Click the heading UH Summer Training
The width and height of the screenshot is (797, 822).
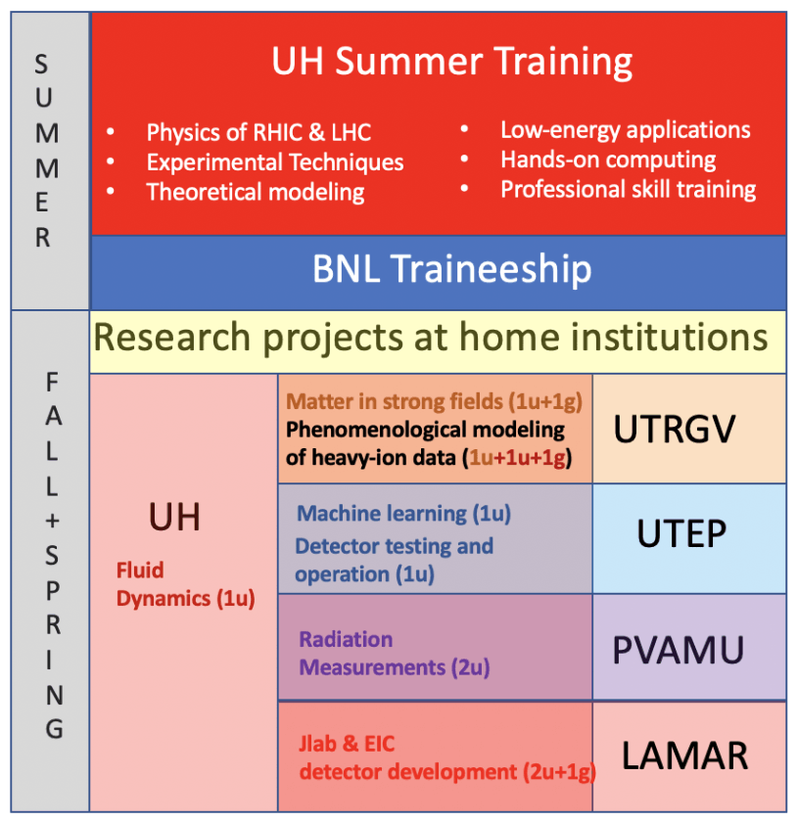point(451,62)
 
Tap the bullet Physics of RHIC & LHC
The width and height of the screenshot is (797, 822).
point(258,132)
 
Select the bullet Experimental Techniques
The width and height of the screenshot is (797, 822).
point(275,162)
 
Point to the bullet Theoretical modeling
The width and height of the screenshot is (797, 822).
point(256,192)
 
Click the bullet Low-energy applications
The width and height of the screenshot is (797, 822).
point(626,130)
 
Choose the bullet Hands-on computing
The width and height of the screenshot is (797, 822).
point(608,160)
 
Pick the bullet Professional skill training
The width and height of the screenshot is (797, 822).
point(628,190)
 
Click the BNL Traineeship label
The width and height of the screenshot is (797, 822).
point(451,269)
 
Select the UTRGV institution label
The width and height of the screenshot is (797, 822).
point(675,430)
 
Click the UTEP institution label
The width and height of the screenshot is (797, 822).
point(681,533)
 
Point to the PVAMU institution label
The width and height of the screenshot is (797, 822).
point(678,650)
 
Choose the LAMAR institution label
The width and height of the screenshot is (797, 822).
point(684,755)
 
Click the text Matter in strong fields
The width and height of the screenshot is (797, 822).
point(395,401)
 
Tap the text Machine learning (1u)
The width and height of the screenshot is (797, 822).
point(403,514)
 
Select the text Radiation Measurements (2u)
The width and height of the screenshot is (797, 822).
point(394,654)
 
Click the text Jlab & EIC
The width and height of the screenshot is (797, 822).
point(347,744)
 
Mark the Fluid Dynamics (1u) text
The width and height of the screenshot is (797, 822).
point(185,584)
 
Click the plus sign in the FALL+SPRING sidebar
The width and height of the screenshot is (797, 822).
point(52,521)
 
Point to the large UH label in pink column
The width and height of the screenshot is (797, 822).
point(174,518)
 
